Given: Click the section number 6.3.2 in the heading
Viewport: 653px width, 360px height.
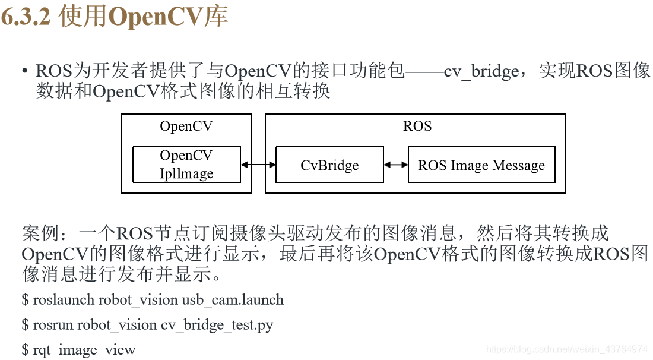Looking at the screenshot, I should click(27, 17).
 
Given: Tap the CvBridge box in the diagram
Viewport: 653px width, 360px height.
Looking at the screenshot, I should click(329, 165).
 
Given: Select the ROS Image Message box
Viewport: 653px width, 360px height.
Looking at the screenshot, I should click(481, 165).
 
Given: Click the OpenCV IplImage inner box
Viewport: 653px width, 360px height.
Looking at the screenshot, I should click(186, 165).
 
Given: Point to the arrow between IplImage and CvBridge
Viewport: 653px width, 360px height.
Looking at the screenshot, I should click(258, 165).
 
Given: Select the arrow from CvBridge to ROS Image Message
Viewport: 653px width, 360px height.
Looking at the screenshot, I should click(396, 165).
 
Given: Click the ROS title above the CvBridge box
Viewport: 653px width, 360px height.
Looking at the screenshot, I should click(417, 126).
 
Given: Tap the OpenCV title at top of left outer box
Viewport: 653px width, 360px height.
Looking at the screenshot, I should click(186, 126).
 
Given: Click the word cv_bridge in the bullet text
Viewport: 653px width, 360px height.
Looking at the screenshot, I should click(481, 71).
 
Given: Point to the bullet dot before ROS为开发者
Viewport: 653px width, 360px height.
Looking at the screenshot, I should click(24, 72).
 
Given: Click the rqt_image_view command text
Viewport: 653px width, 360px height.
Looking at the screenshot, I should click(84, 349).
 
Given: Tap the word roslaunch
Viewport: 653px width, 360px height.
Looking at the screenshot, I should click(64, 299).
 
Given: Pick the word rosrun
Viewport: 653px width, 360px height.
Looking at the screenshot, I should click(53, 324).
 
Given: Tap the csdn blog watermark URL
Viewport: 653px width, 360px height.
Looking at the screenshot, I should click(566, 349).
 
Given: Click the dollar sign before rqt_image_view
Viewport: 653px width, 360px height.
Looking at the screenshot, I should click(25, 349).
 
